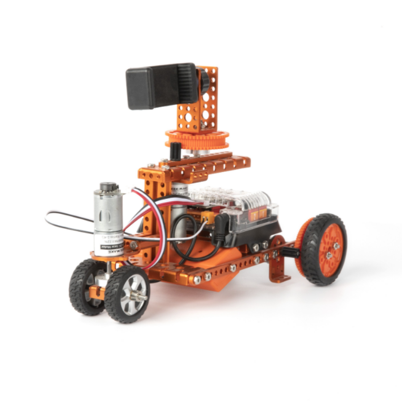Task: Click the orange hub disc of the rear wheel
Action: (331, 248)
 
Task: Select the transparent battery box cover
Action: (232, 203)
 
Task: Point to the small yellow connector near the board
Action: (206, 218)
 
